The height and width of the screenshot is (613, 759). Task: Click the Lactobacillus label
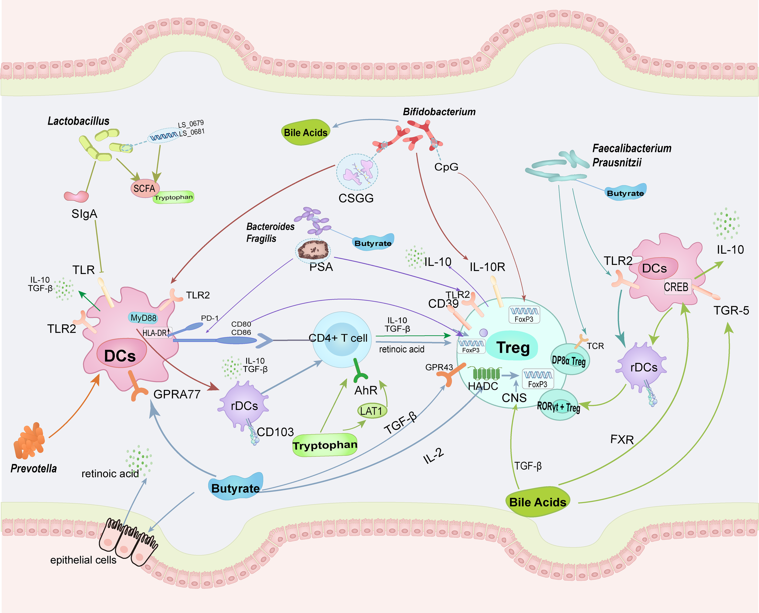click(78, 121)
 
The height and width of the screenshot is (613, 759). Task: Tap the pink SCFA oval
click(145, 188)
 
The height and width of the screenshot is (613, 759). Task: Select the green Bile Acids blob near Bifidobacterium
click(305, 132)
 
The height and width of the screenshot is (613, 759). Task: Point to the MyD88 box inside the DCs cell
click(143, 318)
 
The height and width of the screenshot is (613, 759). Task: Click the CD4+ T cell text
click(338, 338)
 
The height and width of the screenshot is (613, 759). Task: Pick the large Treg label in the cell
click(513, 347)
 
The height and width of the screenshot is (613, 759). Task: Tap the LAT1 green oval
click(371, 411)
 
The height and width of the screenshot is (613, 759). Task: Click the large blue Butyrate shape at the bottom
click(236, 488)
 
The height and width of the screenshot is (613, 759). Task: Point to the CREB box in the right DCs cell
click(676, 287)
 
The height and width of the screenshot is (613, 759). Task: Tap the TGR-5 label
click(731, 310)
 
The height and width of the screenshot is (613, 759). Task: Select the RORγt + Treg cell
click(558, 406)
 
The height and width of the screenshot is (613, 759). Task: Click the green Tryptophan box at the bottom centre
click(325, 445)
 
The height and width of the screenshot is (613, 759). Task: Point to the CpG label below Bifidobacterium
click(446, 167)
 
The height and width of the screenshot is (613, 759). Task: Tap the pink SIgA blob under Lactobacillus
click(76, 196)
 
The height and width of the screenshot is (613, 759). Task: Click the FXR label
click(622, 440)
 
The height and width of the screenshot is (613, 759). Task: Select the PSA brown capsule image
click(313, 250)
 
